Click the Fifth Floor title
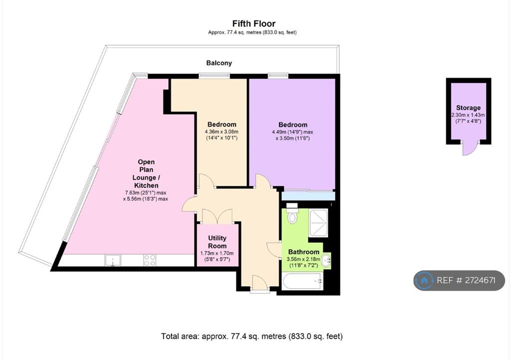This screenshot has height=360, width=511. click(x=254, y=23)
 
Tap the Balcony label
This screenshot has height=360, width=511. click(x=219, y=63)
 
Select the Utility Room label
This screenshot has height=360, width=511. click(x=217, y=242)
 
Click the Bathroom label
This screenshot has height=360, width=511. click(x=304, y=252)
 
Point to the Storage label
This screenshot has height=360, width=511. click(x=468, y=108)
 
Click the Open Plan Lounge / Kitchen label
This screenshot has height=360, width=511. click(x=146, y=173)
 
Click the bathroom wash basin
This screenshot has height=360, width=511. click(x=326, y=261)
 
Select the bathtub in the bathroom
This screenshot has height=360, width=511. click(x=303, y=282)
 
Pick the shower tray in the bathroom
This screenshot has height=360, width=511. click(x=318, y=223)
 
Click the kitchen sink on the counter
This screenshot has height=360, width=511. click(x=112, y=261)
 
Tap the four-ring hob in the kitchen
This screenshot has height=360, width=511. click(x=150, y=261)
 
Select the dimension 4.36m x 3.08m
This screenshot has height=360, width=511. click(x=222, y=132)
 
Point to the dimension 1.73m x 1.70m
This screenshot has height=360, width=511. click(x=217, y=253)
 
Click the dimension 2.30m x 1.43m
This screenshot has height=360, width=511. click(x=468, y=115)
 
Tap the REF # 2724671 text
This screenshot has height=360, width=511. click(x=466, y=280)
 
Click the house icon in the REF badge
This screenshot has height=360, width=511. click(x=424, y=280)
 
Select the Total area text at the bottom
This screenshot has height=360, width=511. click(x=252, y=336)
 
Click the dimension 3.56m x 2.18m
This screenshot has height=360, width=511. click(x=303, y=259)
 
